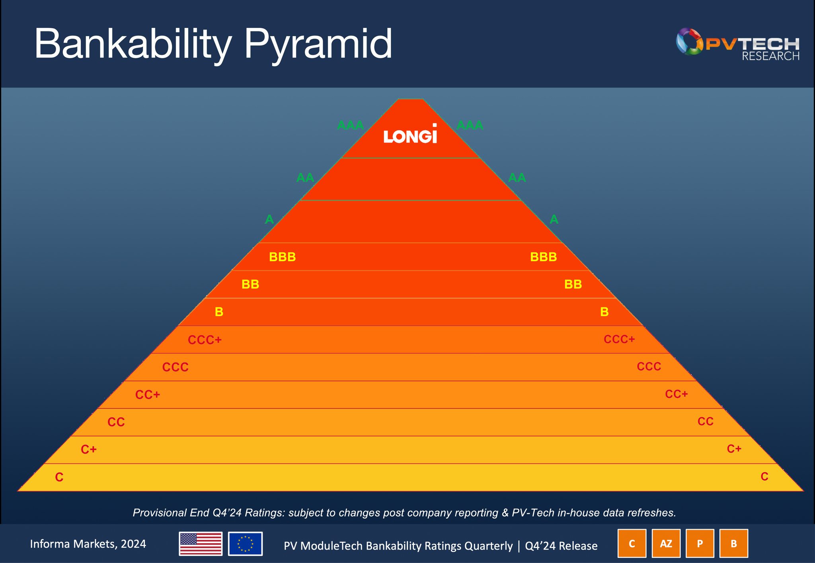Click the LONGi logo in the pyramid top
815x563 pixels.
pyautogui.click(x=410, y=135)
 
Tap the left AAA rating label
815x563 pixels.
pyautogui.click(x=350, y=125)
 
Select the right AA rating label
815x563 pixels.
pyautogui.click(x=517, y=178)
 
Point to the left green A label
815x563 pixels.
pyautogui.click(x=269, y=219)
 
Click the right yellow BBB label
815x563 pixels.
pyautogui.click(x=543, y=257)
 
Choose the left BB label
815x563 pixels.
pyautogui.click(x=250, y=284)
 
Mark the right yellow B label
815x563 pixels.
pyautogui.click(x=604, y=312)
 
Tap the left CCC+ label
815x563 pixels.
pyautogui.click(x=205, y=340)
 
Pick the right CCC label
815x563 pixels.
pyautogui.click(x=649, y=366)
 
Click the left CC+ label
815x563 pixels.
pyautogui.click(x=148, y=395)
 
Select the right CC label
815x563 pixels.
pyautogui.click(x=705, y=421)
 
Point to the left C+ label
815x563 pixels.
pyautogui.click(x=89, y=450)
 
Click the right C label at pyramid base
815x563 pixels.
pyautogui.click(x=764, y=477)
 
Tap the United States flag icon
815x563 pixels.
pyautogui.click(x=201, y=543)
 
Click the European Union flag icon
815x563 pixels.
pyautogui.click(x=245, y=543)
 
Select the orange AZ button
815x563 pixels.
pyautogui.click(x=666, y=543)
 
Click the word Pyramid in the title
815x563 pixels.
pyautogui.click(x=318, y=45)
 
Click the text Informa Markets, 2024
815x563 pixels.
pyautogui.click(x=88, y=544)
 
